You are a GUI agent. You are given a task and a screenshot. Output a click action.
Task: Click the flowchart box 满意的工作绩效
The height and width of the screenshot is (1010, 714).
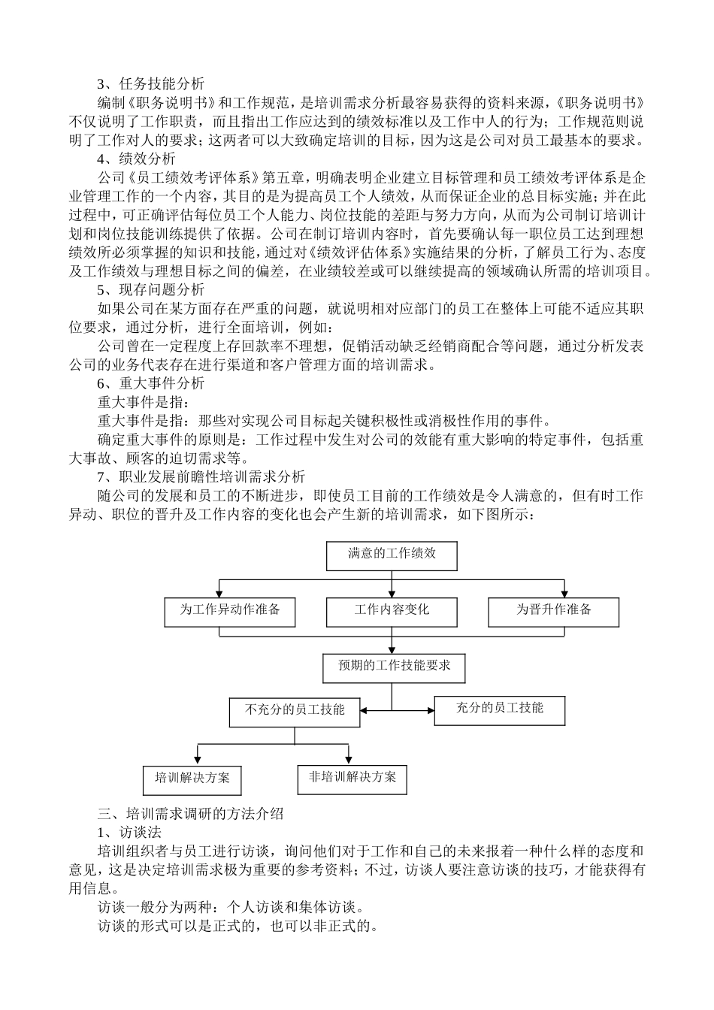pyautogui.click(x=391, y=555)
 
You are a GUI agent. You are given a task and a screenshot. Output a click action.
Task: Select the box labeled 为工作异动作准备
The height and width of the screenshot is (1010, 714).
pyautogui.click(x=229, y=611)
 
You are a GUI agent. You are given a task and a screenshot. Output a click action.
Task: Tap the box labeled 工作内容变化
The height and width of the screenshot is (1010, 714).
pyautogui.click(x=391, y=611)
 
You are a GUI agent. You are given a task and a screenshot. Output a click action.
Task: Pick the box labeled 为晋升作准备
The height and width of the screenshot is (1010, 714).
pyautogui.click(x=553, y=611)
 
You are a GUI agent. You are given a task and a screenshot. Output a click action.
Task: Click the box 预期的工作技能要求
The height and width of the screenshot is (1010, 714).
pyautogui.click(x=394, y=667)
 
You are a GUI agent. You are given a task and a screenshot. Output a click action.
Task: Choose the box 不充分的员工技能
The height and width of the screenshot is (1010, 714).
pyautogui.click(x=295, y=710)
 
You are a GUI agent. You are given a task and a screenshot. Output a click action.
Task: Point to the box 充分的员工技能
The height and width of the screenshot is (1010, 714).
pyautogui.click(x=499, y=709)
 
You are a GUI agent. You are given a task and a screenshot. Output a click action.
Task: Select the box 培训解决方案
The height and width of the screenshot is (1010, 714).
pyautogui.click(x=192, y=779)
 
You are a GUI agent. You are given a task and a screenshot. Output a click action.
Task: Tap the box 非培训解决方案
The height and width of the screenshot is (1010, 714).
pyautogui.click(x=352, y=779)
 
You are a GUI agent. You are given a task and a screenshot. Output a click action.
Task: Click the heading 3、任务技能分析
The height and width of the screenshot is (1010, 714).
pyautogui.click(x=150, y=84)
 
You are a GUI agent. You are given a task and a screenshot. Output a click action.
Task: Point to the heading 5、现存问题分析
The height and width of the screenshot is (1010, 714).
pyautogui.click(x=150, y=289)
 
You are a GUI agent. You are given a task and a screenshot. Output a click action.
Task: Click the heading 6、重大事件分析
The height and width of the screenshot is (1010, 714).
pyautogui.click(x=150, y=383)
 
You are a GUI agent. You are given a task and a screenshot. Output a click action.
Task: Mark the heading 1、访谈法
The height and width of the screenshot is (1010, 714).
pyautogui.click(x=129, y=833)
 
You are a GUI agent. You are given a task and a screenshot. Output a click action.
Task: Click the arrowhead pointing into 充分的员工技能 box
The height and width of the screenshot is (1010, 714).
pyautogui.click(x=430, y=710)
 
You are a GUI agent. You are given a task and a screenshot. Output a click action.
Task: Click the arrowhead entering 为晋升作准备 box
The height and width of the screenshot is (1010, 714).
pyautogui.click(x=564, y=593)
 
